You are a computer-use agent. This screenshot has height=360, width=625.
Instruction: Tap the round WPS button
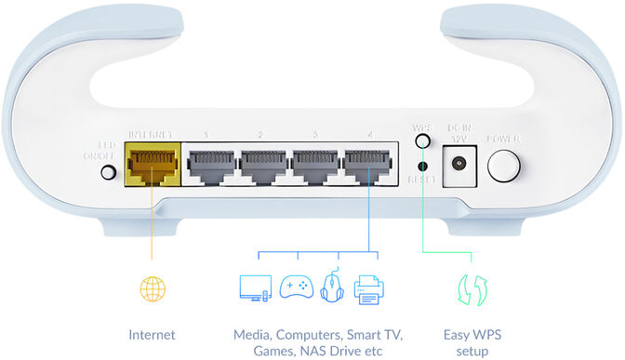(x=423, y=140)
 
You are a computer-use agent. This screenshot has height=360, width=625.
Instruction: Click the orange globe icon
(x=152, y=287)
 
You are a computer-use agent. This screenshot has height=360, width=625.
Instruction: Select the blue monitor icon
(x=254, y=287)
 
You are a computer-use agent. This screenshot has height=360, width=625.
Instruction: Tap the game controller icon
(x=297, y=287)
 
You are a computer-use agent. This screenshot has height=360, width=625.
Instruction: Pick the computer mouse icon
(x=333, y=287)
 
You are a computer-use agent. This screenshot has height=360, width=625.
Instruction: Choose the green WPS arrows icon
(x=468, y=288)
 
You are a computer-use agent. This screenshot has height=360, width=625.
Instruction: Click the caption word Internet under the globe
(x=152, y=333)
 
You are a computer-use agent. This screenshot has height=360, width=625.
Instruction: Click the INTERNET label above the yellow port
(x=150, y=135)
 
